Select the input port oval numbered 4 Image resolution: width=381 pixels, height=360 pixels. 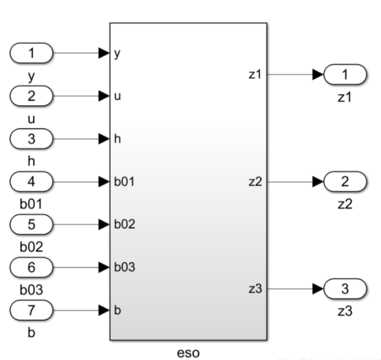[31, 182]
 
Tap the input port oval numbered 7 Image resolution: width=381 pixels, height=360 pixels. [31, 310]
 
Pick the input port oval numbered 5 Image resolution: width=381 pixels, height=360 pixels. [31, 224]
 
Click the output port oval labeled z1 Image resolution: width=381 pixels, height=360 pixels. [345, 75]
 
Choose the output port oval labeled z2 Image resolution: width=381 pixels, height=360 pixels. [345, 182]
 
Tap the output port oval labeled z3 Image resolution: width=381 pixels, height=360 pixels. [345, 289]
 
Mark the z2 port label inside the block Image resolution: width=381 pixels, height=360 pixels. [255, 182]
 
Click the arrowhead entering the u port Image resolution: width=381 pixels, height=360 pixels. [104, 96]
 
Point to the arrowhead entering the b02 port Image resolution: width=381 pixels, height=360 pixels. [104, 224]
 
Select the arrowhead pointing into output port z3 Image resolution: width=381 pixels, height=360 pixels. [317, 289]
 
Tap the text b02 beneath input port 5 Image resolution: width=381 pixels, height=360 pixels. [31, 245]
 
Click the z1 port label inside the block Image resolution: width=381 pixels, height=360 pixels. [255, 75]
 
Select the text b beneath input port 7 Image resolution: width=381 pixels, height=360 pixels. [31, 331]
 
